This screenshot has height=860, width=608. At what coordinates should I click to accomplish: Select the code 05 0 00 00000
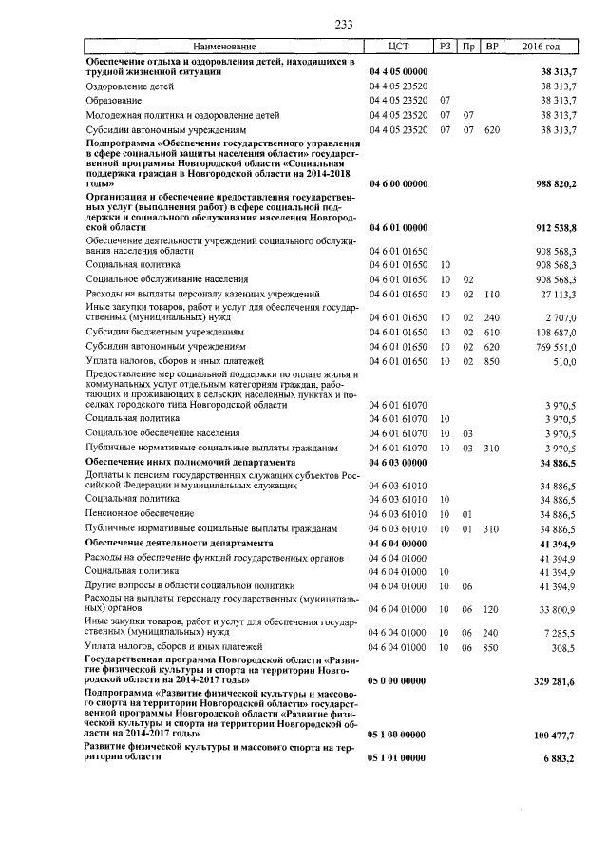[398, 680]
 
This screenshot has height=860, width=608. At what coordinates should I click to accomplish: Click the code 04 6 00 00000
[398, 182]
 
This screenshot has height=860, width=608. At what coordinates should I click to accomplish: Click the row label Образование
[115, 100]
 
